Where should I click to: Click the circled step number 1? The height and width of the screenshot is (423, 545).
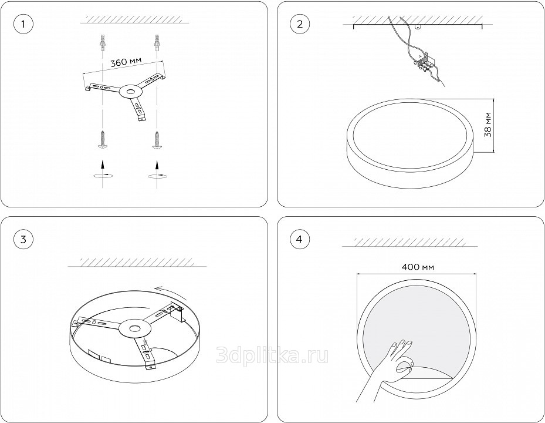pos(23,24)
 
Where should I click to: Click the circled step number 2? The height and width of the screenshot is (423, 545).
pos(300,24)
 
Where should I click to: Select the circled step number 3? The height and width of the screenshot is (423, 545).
pos(23,239)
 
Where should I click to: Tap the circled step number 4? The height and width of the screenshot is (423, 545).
pos(300,239)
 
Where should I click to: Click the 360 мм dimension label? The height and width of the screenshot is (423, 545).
pos(126,62)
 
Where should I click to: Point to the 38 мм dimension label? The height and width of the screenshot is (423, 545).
pos(488,125)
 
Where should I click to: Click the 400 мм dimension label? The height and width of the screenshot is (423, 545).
pos(418,267)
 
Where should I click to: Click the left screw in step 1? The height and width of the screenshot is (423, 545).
pos(102,140)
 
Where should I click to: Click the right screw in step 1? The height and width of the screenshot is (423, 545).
pos(157,140)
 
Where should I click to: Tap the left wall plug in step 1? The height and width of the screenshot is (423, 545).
pos(102,43)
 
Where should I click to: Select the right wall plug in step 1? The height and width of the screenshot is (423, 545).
pos(157,43)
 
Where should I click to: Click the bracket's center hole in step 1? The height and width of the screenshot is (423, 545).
pos(131,92)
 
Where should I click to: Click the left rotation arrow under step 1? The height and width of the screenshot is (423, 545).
pos(102,170)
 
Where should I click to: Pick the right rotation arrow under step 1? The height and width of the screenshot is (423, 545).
pos(157,170)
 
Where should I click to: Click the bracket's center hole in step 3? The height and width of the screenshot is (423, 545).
pos(134,328)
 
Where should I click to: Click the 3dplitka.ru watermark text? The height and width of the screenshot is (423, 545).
pos(272,355)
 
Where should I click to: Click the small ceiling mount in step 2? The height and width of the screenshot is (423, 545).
pos(418,27)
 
